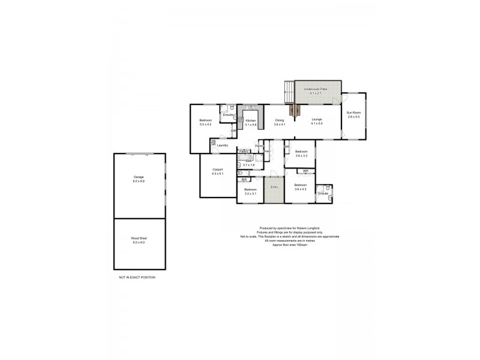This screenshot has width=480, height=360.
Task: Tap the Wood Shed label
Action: pos(139,239)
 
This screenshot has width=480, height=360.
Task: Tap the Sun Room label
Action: pos(353,114)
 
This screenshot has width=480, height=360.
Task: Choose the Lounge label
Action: pos(317,119)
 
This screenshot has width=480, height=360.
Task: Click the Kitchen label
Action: pos(251,121)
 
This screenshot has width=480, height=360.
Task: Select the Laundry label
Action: pos(222,145)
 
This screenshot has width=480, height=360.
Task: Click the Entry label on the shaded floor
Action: pos(274,187)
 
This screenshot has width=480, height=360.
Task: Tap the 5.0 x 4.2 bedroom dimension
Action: pos(206,125)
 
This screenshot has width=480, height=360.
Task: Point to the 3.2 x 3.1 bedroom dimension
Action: pos(250,194)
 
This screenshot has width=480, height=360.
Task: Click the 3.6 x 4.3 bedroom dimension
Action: pos(300,190)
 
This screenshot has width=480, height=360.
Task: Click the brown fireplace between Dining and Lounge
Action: pos(293,110)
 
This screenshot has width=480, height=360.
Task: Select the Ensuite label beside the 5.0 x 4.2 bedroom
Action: pos(228,115)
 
